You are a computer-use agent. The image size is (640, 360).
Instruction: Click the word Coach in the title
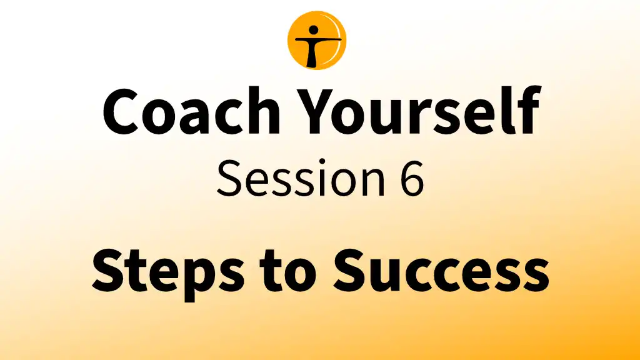pyautogui.click(x=191, y=111)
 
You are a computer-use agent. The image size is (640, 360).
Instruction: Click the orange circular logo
pyautogui.click(x=317, y=41)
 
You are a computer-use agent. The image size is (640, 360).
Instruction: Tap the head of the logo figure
pyautogui.click(x=314, y=30)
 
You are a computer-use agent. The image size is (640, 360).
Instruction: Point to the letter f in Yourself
pyautogui.click(x=528, y=109)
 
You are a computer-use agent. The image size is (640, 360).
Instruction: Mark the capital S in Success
pyautogui.click(x=351, y=270)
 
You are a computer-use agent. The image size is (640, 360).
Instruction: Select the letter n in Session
pyautogui.click(x=374, y=184)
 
